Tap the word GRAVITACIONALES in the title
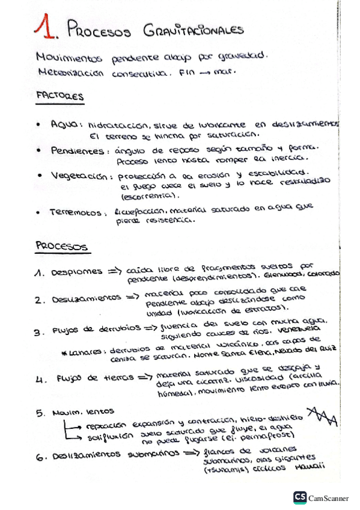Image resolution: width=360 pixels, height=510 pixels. tap(192, 29)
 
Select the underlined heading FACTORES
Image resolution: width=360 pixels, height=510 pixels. tap(59, 96)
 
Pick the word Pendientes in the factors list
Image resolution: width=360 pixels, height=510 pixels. tap(78, 152)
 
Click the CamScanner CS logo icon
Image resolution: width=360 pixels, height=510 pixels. tap(300, 497)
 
